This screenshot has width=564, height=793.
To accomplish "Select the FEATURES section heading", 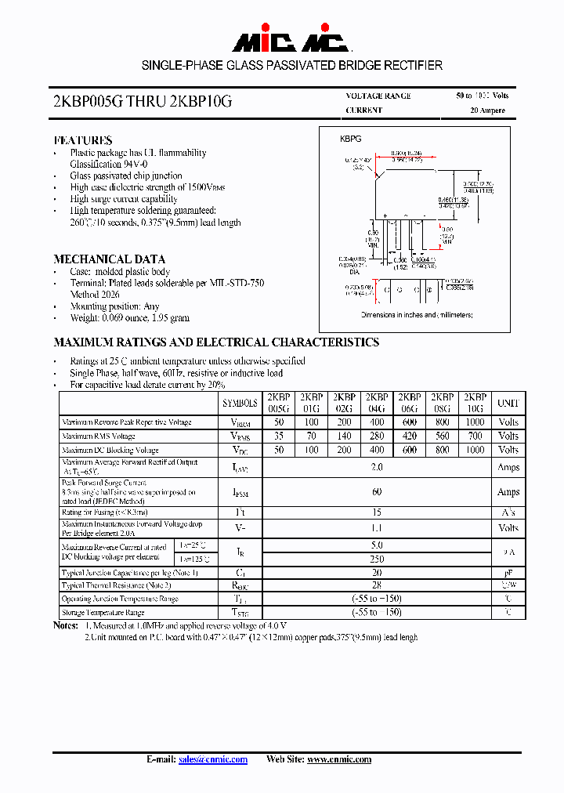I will pyautogui.click(x=82, y=140).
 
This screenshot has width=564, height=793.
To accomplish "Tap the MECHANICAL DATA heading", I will pyautogui.click(x=109, y=259).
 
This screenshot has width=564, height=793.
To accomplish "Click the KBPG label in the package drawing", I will pyautogui.click(x=350, y=138).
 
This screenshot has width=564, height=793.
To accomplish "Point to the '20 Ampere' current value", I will pyautogui.click(x=487, y=110).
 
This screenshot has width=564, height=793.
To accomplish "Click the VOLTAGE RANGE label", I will pyautogui.click(x=378, y=96).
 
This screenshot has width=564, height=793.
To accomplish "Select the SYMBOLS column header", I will pyautogui.click(x=240, y=403).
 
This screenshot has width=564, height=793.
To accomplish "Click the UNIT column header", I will pyautogui.click(x=508, y=403).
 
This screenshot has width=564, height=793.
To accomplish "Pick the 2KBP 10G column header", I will pyautogui.click(x=475, y=403).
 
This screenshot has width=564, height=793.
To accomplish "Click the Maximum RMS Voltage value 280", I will pyautogui.click(x=377, y=436).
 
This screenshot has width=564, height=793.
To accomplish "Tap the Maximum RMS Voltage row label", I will pyautogui.click(x=99, y=436).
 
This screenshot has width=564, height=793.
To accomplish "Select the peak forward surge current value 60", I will pyautogui.click(x=377, y=491).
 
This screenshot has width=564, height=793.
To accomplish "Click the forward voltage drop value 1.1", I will pyautogui.click(x=377, y=528).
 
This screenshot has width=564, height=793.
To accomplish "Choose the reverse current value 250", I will pyautogui.click(x=377, y=559).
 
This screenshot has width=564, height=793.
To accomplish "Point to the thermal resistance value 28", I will pyautogui.click(x=377, y=585).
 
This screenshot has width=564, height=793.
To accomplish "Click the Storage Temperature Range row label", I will pyautogui.click(x=103, y=613).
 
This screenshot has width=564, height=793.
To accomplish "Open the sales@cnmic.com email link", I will pyautogui.click(x=213, y=759).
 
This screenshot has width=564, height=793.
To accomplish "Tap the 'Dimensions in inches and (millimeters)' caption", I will pyautogui.click(x=417, y=314).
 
